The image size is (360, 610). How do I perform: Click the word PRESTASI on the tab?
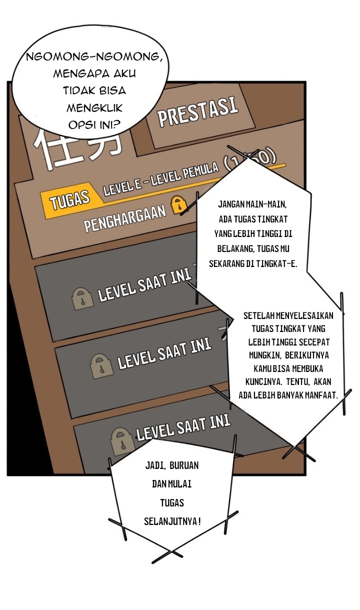(x=197, y=110)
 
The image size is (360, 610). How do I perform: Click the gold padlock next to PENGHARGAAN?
(x=177, y=205)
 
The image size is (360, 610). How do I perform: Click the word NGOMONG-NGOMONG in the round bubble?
(x=94, y=56)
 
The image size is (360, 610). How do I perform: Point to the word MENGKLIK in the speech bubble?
(x=95, y=107)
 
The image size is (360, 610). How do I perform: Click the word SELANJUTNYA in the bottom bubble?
(x=170, y=521)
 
